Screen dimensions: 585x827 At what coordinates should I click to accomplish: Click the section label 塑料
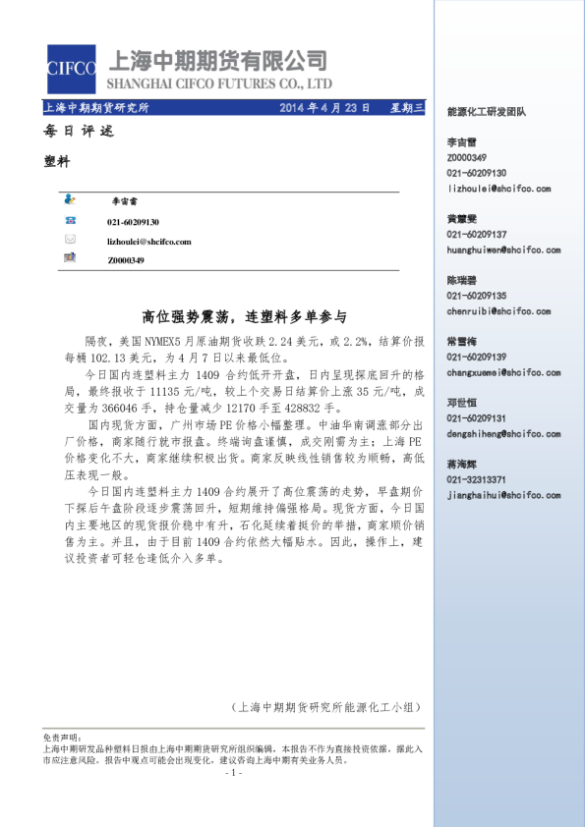58,162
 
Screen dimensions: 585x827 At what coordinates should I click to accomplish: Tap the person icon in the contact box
70,198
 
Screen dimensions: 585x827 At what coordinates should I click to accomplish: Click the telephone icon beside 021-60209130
70,222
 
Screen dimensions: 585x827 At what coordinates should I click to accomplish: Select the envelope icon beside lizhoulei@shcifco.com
70,241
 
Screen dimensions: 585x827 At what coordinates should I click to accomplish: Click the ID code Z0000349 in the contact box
126,259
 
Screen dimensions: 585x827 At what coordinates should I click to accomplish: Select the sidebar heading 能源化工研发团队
486,112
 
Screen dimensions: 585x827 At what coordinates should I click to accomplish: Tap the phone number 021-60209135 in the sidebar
477,296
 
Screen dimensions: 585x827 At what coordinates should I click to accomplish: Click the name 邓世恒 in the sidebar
462,403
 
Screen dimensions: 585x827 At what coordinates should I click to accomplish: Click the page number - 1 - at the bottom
233,773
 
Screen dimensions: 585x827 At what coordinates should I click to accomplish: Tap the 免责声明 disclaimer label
60,736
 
